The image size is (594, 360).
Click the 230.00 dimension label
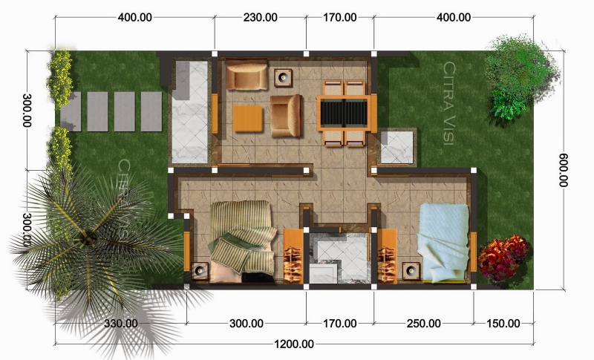click(260, 17)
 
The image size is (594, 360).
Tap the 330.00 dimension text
click(120, 323)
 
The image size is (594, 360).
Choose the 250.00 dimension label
click(423, 323)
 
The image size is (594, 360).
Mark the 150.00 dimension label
click(503, 323)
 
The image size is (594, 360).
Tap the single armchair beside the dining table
click(286, 117)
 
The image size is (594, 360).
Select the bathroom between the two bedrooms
click(339, 257)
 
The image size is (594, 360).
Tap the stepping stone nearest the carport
click(151, 111)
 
